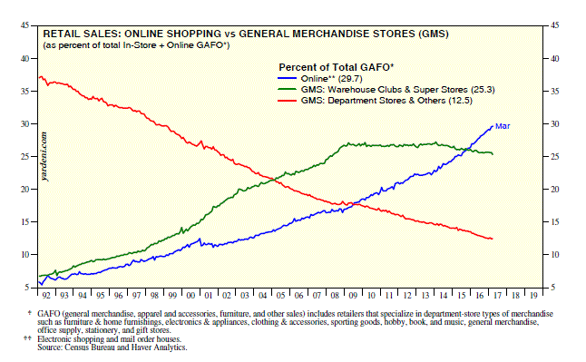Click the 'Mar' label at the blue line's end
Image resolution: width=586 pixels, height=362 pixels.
click(503, 126)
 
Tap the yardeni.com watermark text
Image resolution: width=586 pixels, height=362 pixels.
click(44, 156)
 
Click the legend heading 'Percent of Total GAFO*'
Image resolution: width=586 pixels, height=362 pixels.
click(337, 67)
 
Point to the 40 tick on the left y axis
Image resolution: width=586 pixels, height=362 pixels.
click(25, 59)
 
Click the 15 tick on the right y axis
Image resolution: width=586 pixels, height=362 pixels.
click(555, 222)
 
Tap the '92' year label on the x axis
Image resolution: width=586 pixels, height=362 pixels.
click(46, 296)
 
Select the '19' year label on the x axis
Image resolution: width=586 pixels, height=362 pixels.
click(533, 296)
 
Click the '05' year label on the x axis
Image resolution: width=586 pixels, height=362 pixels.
click(280, 296)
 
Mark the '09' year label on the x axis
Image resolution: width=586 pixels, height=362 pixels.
click(353, 296)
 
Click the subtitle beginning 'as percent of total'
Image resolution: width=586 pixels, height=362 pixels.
click(136, 45)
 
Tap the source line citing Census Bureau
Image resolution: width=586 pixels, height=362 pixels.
click(112, 347)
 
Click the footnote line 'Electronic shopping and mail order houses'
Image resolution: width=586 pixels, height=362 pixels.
click(109, 339)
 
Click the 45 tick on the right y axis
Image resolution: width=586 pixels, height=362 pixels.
click(555, 25)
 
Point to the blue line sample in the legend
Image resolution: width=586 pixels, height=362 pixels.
click(287, 79)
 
